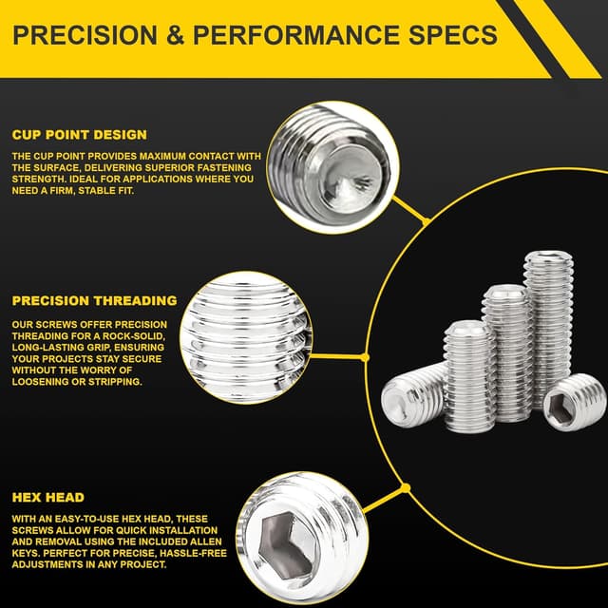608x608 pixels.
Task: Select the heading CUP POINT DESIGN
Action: pos(80,135)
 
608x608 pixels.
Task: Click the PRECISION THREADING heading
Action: pos(94,301)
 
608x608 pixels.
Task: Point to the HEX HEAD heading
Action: pos(48,497)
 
